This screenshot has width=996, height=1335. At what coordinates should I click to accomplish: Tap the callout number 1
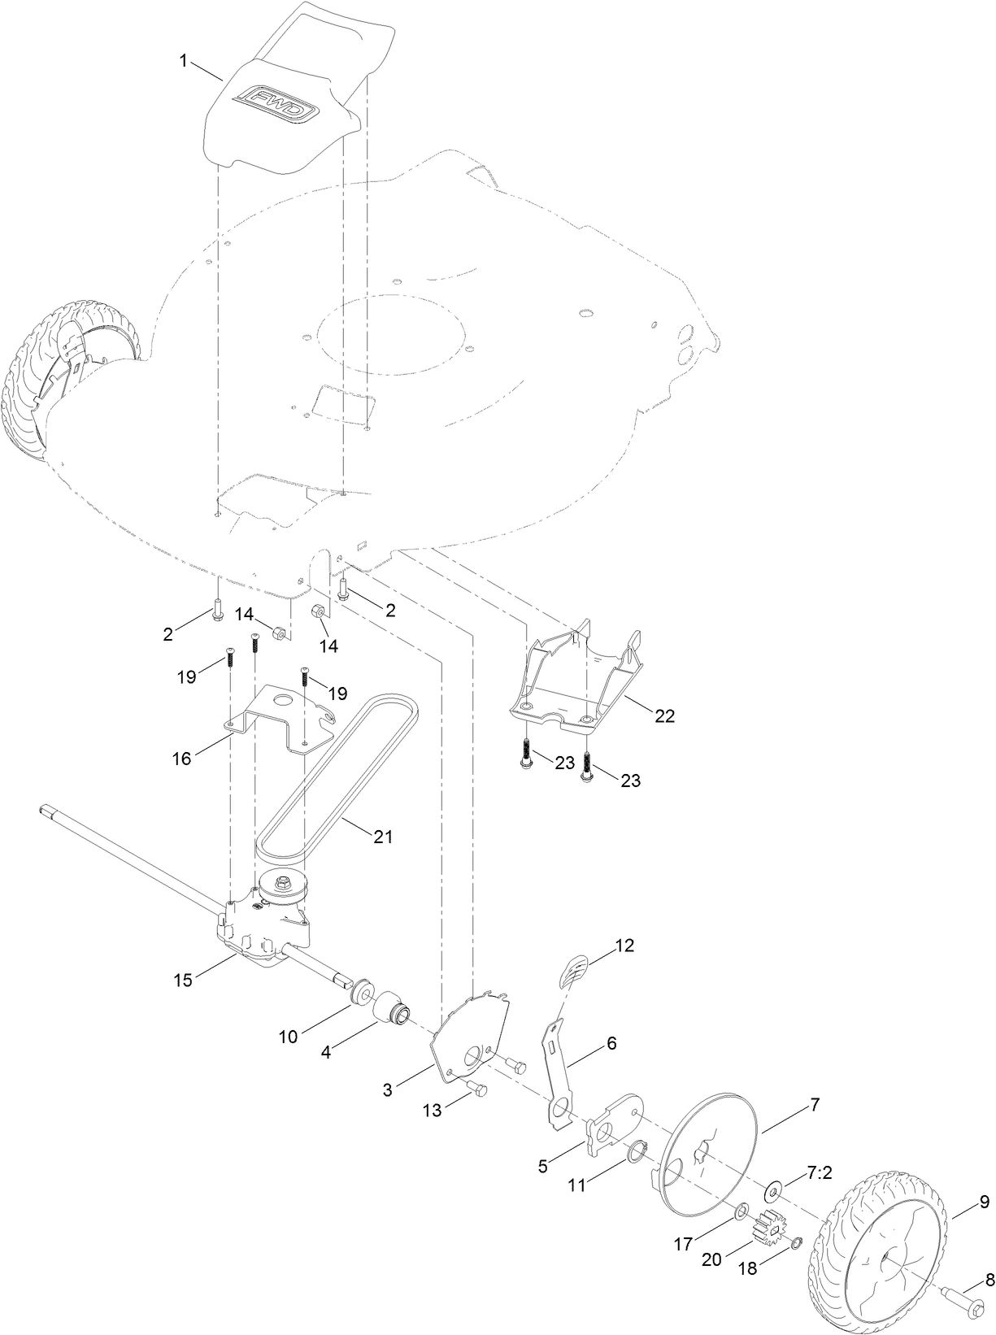pyautogui.click(x=184, y=60)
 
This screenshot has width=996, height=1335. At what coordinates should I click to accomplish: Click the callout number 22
pyautogui.click(x=665, y=716)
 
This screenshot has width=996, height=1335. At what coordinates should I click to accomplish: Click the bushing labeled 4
pyautogui.click(x=391, y=1011)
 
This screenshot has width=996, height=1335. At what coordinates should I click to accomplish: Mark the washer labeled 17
pyautogui.click(x=742, y=1214)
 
